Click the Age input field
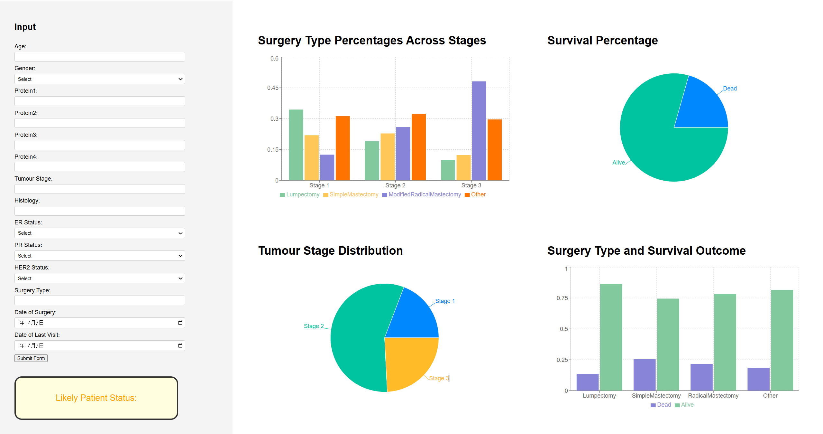point(100,57)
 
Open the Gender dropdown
point(100,79)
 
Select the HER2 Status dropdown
point(100,278)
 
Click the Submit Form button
point(31,358)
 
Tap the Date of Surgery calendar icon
point(180,323)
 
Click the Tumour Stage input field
point(100,189)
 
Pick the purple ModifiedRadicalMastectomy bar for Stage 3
point(479,131)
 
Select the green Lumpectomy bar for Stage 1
point(296,145)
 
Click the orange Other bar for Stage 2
point(418,147)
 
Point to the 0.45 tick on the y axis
point(273,88)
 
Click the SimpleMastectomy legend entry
point(353,194)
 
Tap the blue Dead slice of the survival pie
point(703,105)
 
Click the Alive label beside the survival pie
point(618,163)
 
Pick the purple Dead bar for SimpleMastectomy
point(644,375)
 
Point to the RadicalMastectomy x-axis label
point(713,396)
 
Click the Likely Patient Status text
point(96,398)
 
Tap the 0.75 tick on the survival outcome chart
point(562,298)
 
